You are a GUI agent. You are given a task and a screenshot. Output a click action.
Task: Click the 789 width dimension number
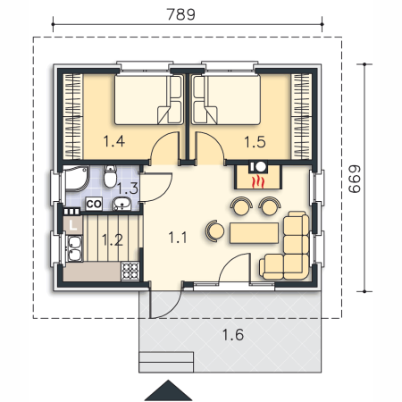point(180,14)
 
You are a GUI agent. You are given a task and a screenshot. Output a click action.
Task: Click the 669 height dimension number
point(355,179)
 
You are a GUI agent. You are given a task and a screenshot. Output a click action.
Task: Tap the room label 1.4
point(113,141)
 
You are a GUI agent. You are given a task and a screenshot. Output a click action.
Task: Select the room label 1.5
point(255,142)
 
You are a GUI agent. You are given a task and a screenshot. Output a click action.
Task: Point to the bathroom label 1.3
point(128,188)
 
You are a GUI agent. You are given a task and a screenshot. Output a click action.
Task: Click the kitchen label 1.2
point(113,239)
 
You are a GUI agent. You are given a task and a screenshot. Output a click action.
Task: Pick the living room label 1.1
point(178,238)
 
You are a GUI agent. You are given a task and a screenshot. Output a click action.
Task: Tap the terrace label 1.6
point(233,334)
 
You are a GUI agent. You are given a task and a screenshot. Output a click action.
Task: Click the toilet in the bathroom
point(110,176)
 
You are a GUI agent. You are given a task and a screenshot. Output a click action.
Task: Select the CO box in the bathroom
point(94,204)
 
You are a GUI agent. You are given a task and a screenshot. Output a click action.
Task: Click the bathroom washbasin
point(122,204)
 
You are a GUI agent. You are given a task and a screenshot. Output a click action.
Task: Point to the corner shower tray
point(77,179)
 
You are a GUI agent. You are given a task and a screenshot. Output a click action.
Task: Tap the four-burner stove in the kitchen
point(130,271)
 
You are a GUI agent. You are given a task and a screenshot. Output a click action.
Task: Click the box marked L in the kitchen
point(73,225)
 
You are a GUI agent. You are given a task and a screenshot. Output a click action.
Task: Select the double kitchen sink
point(74,248)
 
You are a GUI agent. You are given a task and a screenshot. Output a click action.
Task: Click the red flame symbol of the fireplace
point(258,182)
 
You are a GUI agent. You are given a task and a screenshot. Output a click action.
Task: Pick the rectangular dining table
point(254,233)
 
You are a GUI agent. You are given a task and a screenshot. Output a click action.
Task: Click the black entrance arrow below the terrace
point(168,390)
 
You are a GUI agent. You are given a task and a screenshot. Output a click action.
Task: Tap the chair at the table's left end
point(215,230)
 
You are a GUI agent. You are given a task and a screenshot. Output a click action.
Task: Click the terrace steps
point(166,362)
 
